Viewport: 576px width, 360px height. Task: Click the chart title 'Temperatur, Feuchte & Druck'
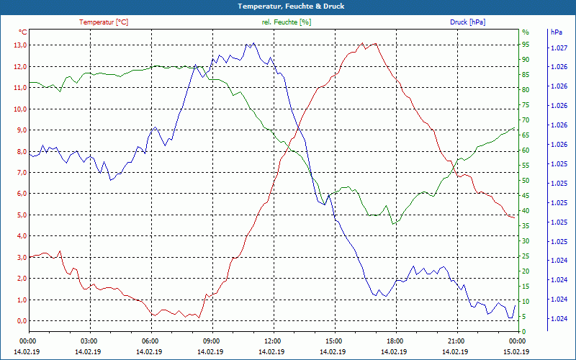coord(288,6)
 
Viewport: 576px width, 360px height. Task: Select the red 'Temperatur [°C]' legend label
coord(104,22)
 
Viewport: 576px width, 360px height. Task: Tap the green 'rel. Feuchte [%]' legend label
coord(287,22)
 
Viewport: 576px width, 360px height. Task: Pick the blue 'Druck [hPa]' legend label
coord(467,22)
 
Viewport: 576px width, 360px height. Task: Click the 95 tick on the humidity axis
coord(526,45)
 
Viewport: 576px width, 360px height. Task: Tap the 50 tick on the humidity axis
coord(526,181)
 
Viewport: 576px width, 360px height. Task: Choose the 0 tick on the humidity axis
coord(523,332)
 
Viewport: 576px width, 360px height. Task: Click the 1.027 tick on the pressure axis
coord(559,48)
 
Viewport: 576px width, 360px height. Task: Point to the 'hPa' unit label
coord(557,32)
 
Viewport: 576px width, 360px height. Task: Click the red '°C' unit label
coord(23,32)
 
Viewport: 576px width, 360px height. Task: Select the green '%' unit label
coord(525,32)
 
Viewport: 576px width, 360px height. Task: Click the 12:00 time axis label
coord(272,341)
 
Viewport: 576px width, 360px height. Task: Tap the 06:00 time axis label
coord(150,341)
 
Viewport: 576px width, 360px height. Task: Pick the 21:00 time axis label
coord(456,341)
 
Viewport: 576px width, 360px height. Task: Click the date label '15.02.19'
coord(516,351)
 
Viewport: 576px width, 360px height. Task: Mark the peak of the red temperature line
coord(362,43)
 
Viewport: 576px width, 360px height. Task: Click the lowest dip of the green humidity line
coord(393,224)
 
